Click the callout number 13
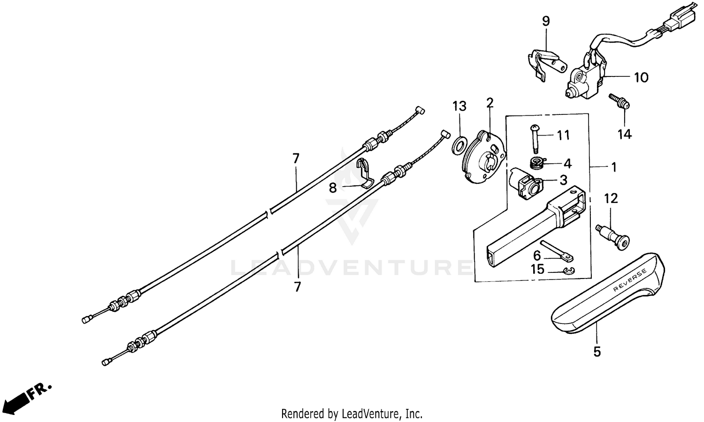(x=459, y=106)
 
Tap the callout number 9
(x=545, y=21)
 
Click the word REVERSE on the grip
(x=630, y=280)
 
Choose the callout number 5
(x=597, y=352)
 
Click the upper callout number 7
(x=296, y=159)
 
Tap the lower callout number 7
(x=297, y=286)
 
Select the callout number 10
(x=641, y=78)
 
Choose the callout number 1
(x=613, y=167)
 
